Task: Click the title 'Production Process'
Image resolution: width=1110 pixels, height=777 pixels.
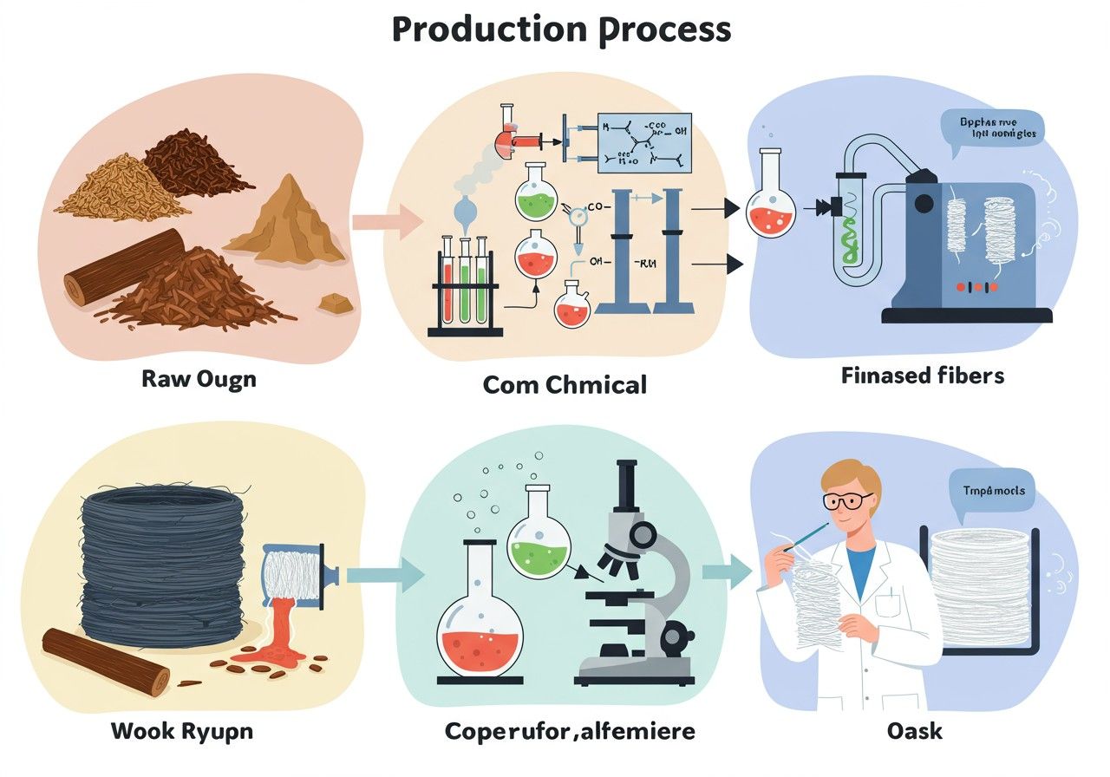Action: [x=561, y=29]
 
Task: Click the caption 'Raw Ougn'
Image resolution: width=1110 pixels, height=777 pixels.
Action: [x=199, y=380]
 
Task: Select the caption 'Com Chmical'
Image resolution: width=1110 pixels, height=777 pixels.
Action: [x=565, y=383]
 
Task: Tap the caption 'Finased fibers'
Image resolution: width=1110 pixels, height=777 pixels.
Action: [x=923, y=376]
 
